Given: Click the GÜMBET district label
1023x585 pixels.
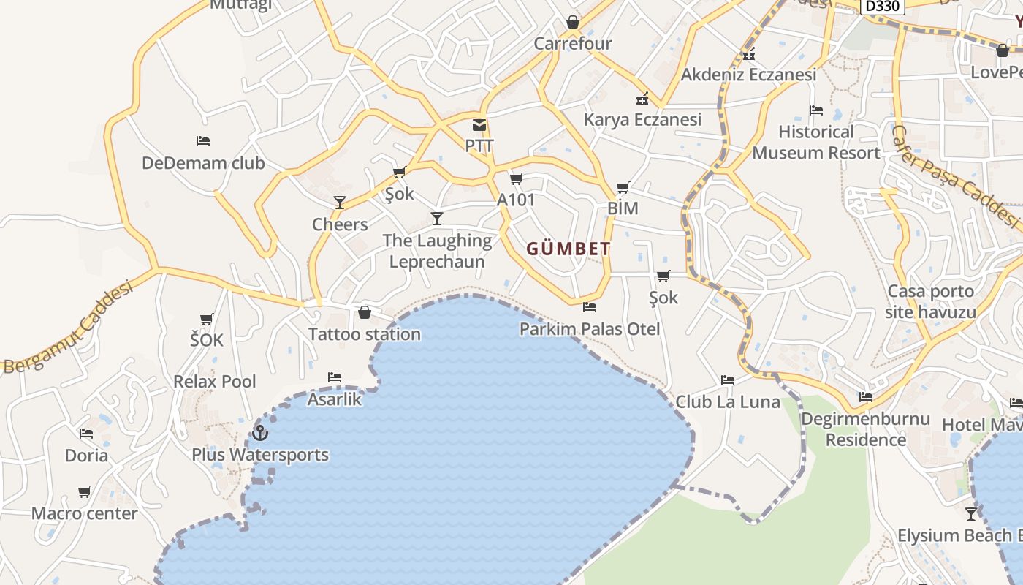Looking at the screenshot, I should [x=568, y=249].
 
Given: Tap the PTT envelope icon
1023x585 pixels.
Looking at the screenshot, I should [x=479, y=125].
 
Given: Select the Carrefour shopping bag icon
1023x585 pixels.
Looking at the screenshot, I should [x=573, y=22].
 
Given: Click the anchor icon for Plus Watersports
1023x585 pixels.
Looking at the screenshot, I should [x=259, y=433].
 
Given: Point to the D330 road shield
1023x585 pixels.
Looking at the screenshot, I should [x=882, y=6].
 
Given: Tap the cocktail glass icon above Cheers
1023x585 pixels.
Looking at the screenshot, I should [x=340, y=202].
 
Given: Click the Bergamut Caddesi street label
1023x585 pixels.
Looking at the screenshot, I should [x=69, y=327].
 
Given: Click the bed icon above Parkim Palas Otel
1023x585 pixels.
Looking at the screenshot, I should [x=590, y=307].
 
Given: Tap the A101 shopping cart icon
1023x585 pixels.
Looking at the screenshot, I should [x=517, y=178].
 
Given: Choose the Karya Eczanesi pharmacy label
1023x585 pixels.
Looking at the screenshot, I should [x=642, y=119].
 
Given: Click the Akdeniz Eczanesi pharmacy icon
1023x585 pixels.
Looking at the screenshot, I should [x=748, y=54].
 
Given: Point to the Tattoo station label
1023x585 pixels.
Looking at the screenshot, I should [x=365, y=334].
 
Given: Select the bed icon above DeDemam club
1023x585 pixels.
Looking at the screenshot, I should [x=203, y=140].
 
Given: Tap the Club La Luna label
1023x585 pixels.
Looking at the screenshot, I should [x=728, y=401].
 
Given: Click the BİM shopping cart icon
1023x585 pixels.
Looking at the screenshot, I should [x=623, y=188].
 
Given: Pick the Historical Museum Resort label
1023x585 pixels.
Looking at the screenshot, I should [x=816, y=143].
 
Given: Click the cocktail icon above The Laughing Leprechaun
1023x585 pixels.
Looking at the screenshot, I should [x=437, y=218].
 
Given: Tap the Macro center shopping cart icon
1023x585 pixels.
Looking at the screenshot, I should [x=85, y=492].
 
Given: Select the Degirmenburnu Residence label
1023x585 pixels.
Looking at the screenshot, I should [x=866, y=429].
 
